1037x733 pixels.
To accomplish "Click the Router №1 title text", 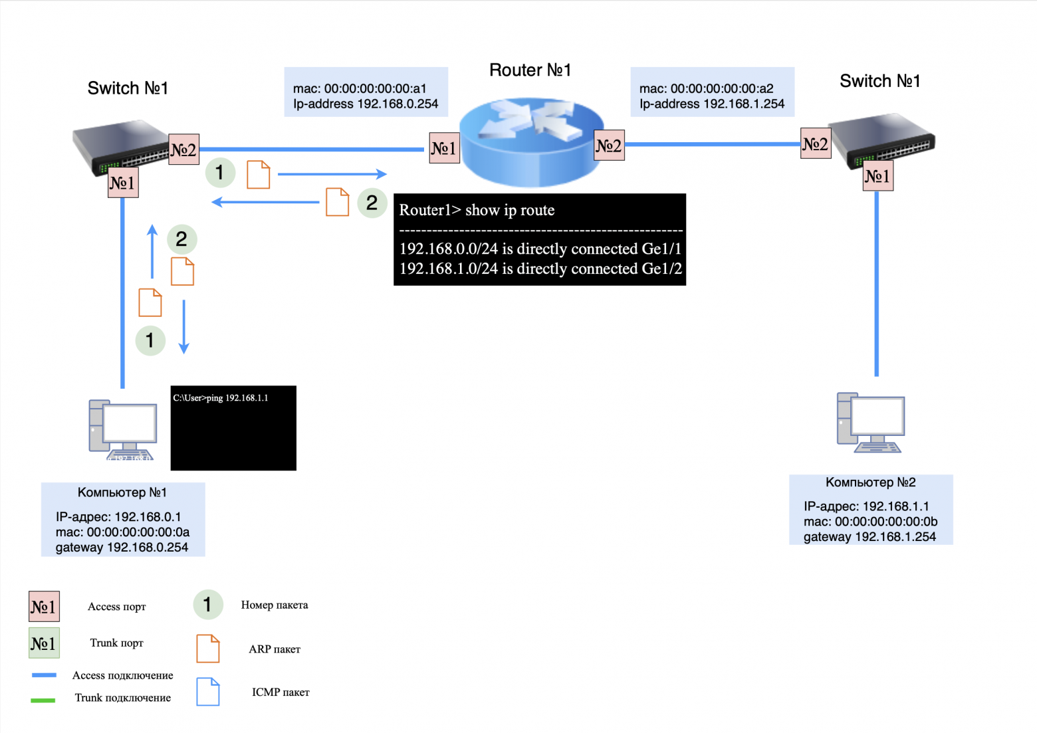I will (530, 70).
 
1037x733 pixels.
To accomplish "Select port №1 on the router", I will (444, 148).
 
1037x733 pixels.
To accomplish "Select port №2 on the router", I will (609, 146).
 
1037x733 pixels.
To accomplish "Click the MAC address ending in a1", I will (360, 88).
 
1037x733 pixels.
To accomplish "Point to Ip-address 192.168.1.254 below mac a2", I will (712, 104).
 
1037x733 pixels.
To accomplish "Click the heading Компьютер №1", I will (122, 492).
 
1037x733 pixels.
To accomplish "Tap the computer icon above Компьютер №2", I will (870, 423).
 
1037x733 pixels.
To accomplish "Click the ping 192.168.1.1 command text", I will (221, 398).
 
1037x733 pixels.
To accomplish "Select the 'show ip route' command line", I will (477, 210).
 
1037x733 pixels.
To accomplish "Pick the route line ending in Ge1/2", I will (540, 268).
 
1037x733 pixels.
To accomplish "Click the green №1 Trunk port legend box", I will (44, 643).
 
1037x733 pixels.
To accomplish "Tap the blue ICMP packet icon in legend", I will (207, 692).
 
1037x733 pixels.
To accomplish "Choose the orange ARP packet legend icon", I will (207, 649).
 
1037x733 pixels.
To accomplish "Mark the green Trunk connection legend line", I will (43, 699).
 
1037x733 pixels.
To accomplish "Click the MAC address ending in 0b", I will (870, 522).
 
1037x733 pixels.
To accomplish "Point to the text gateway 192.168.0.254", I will (122, 548).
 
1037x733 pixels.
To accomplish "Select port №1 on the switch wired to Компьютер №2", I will (877, 176).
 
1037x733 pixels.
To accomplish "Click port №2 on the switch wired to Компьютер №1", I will (183, 150).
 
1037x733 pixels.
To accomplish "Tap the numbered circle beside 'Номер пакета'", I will (207, 604).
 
